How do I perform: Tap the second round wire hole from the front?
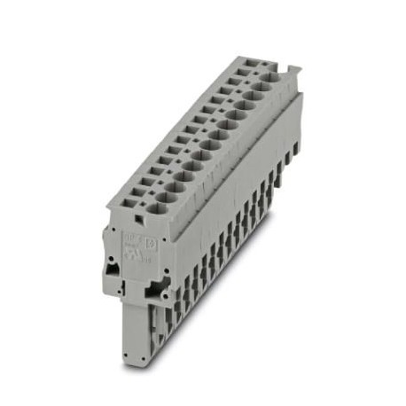tap(164, 194)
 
